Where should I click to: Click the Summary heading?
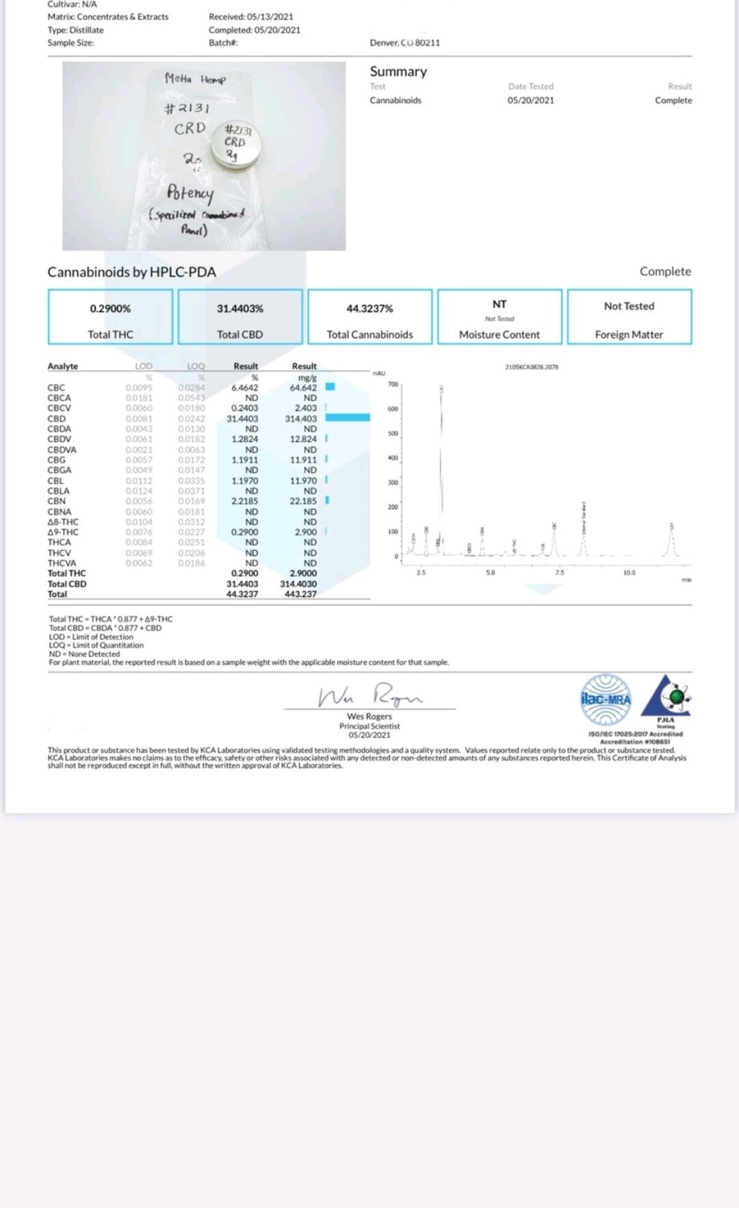(x=398, y=72)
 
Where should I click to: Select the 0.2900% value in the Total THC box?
(x=110, y=309)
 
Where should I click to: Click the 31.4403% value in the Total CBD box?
(x=239, y=309)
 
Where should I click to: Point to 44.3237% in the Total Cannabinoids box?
(x=369, y=309)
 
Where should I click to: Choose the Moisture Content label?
(x=499, y=335)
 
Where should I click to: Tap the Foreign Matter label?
(x=629, y=335)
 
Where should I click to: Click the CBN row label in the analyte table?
(x=57, y=501)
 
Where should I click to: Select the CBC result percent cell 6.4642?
(x=244, y=387)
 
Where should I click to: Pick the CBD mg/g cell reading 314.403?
(x=300, y=419)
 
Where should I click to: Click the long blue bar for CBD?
(x=348, y=417)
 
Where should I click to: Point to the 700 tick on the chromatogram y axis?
(x=393, y=385)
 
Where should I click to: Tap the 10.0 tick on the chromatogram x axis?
(x=629, y=573)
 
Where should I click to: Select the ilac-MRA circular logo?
(x=606, y=699)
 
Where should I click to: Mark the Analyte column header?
(x=62, y=366)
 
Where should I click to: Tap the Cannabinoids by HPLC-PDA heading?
(x=131, y=272)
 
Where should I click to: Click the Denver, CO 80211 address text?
(x=405, y=42)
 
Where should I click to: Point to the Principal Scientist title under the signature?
(x=369, y=726)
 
